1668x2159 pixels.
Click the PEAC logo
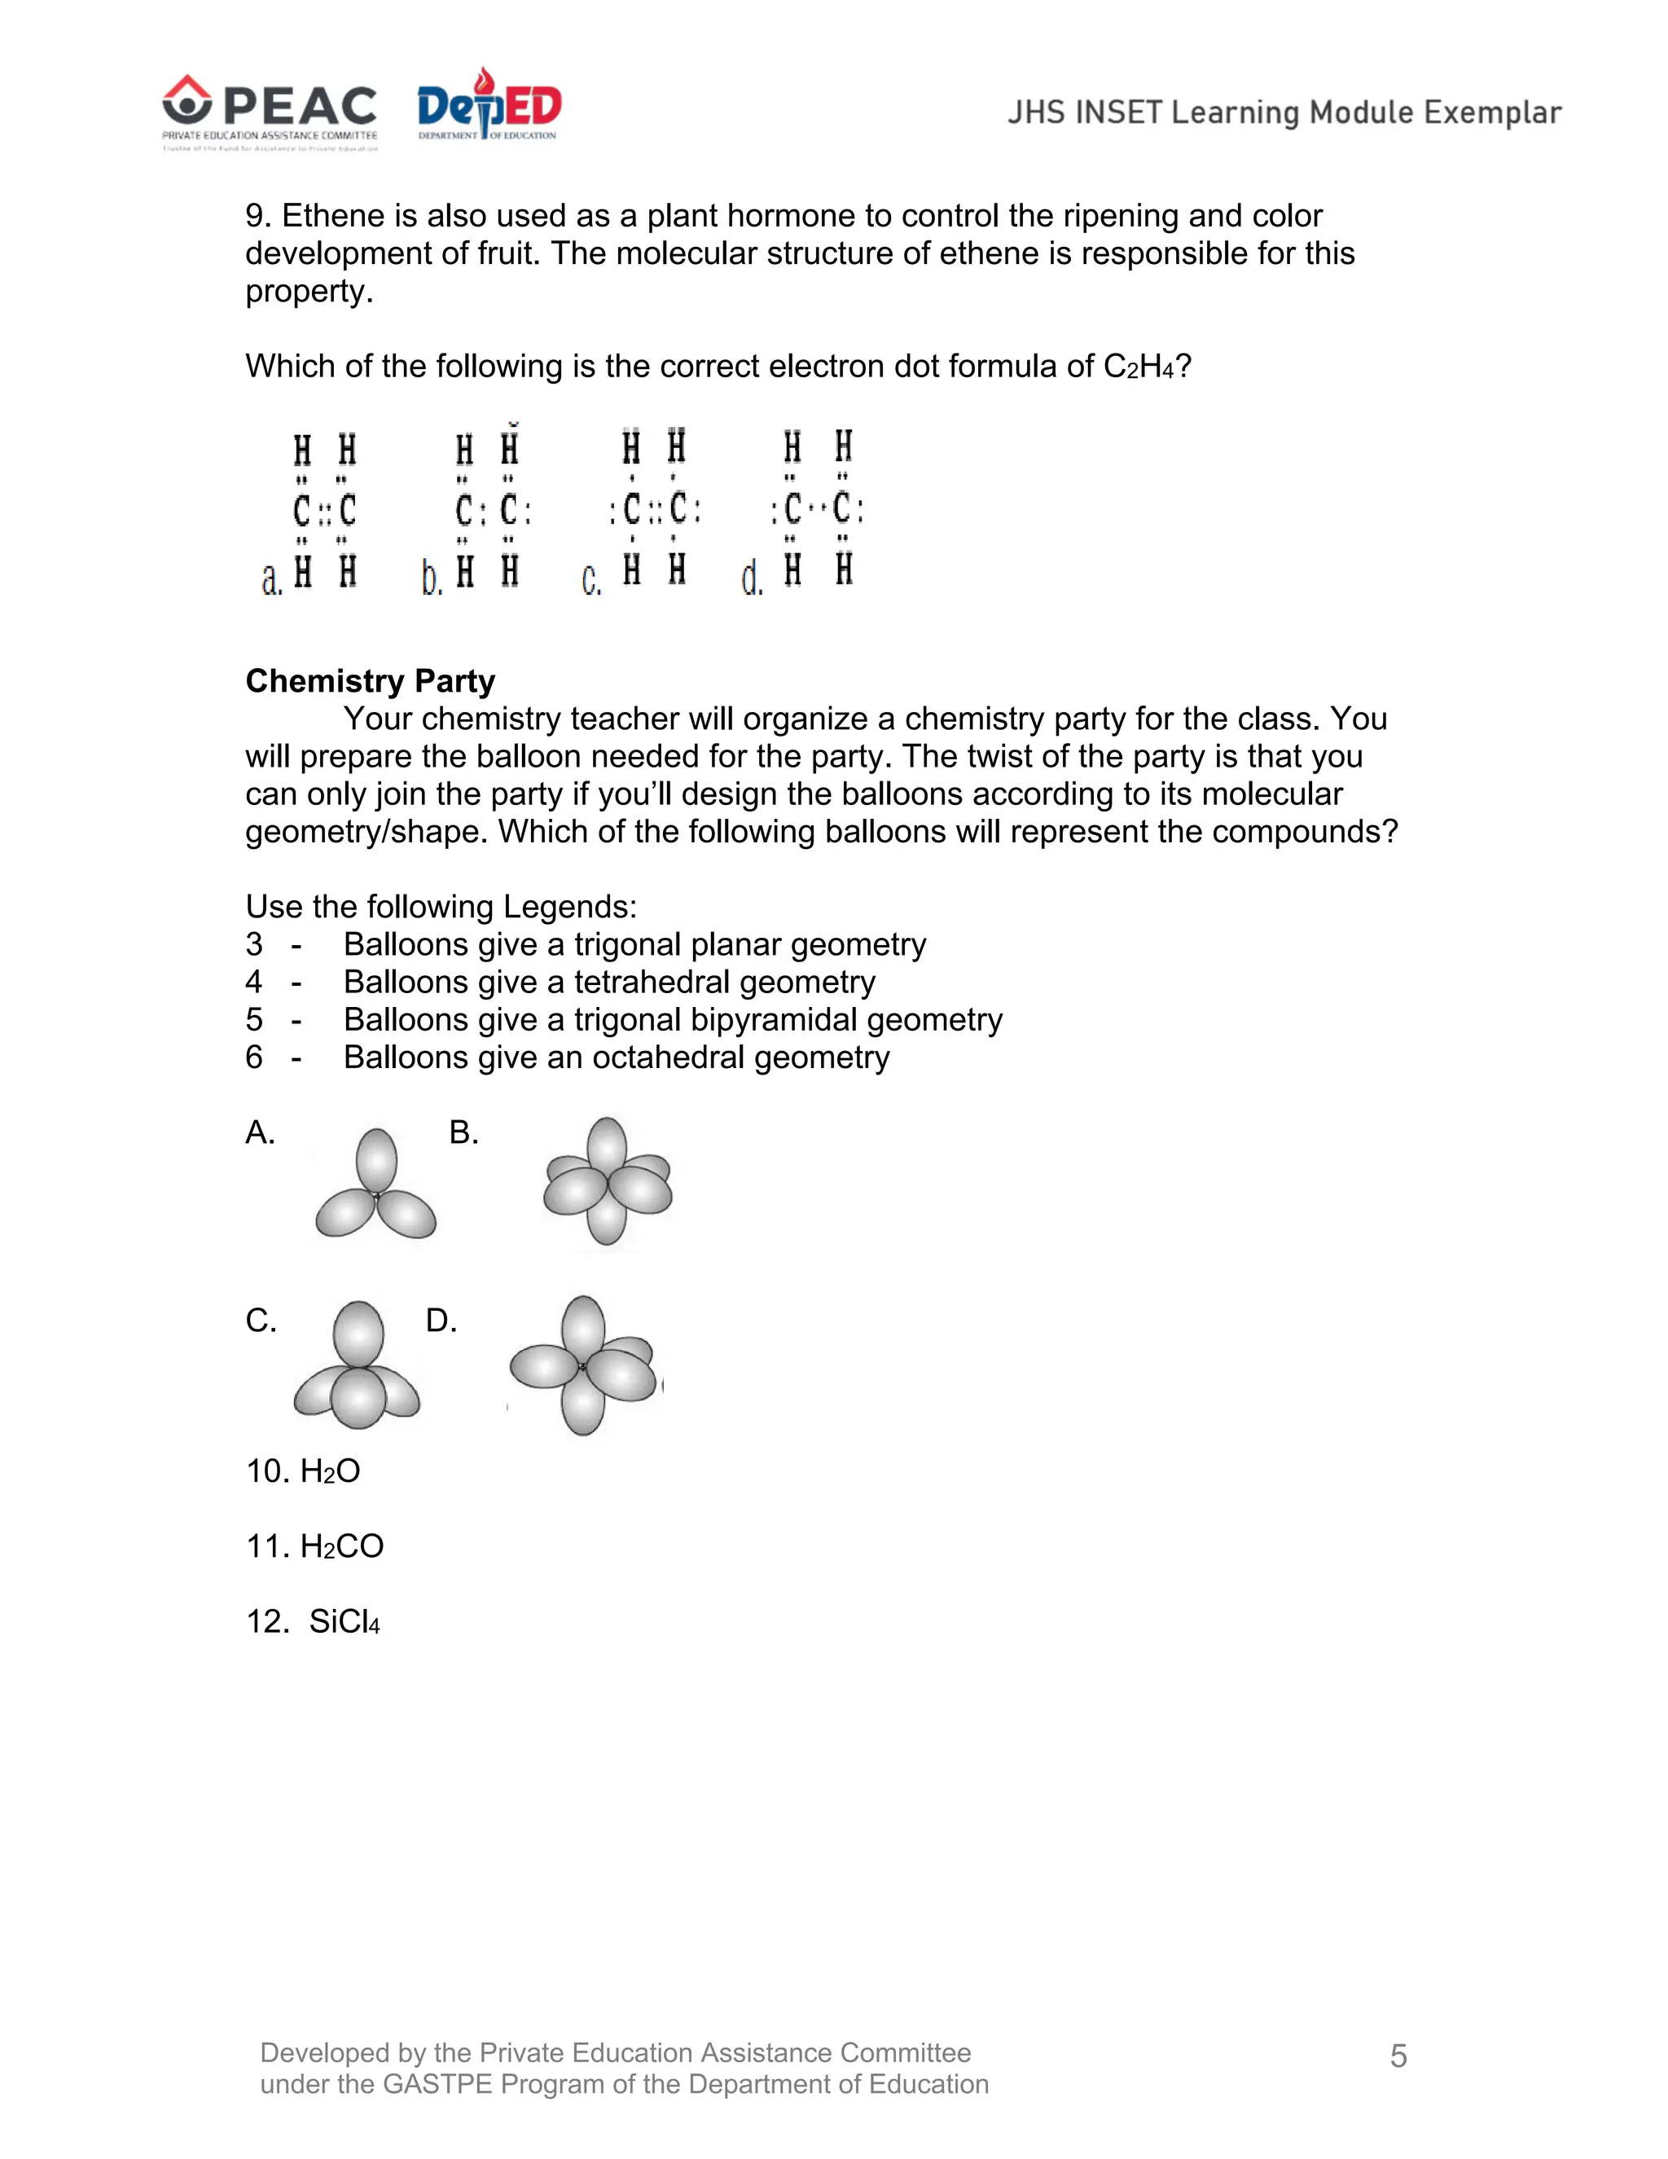270,111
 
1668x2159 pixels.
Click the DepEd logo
489,107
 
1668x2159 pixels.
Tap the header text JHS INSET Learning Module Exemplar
1284,112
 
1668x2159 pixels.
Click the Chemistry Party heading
370,681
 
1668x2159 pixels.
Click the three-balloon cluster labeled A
375,1185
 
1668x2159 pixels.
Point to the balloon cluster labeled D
583,1366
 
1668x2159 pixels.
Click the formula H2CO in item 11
342,1547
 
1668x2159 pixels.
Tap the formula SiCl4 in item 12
344,1622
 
